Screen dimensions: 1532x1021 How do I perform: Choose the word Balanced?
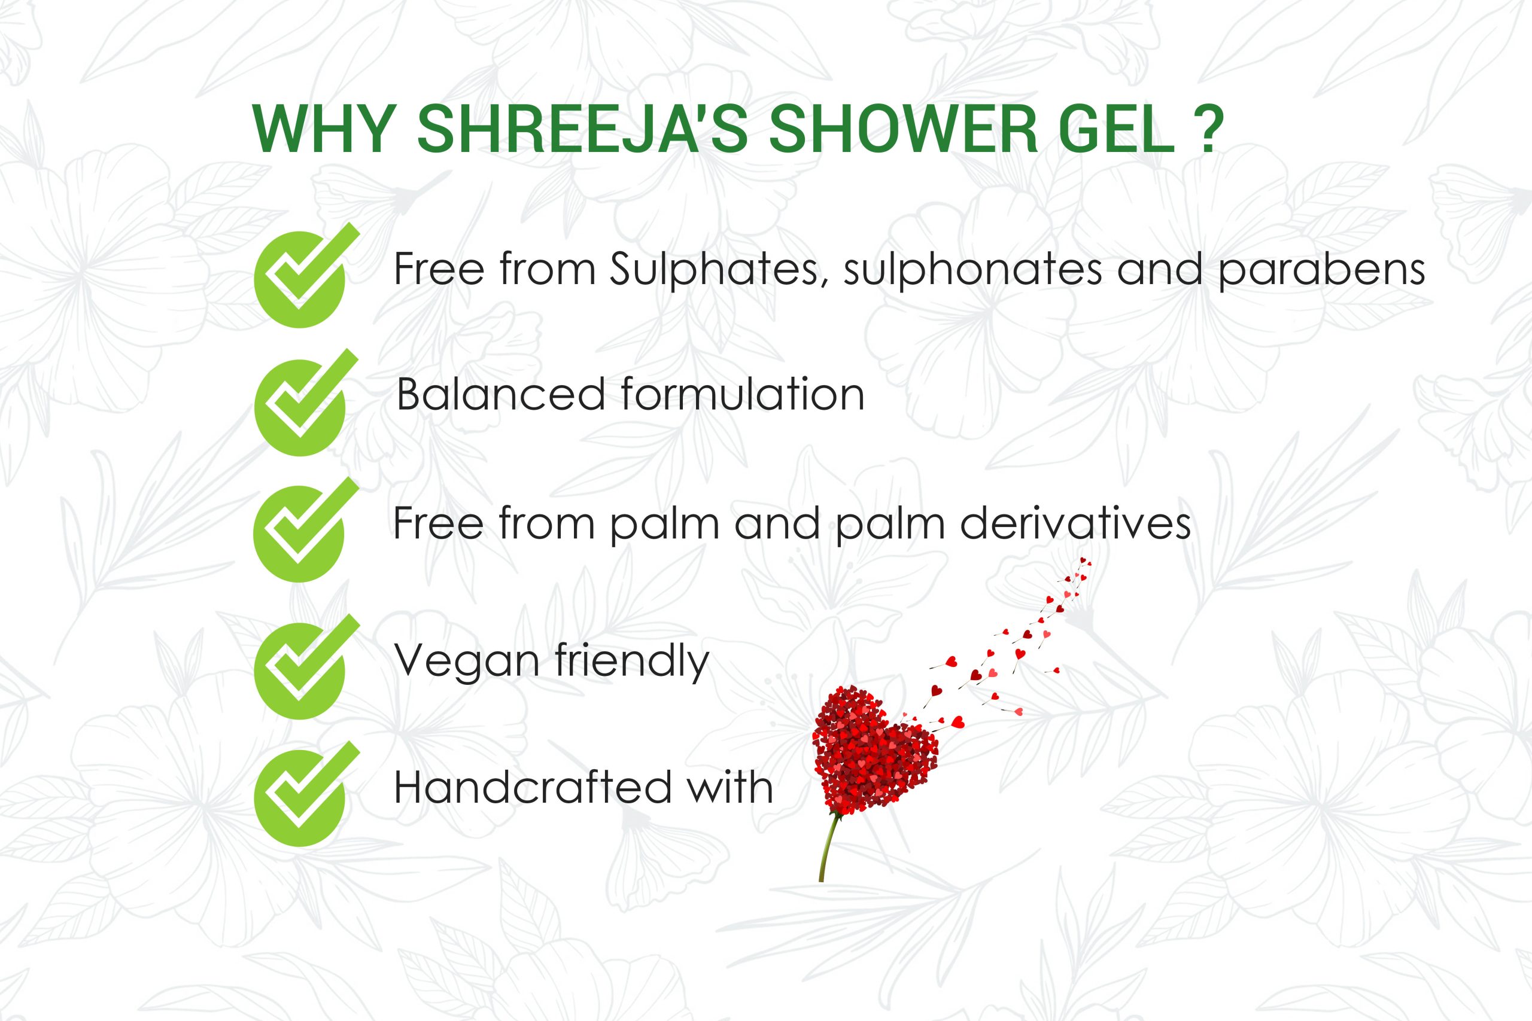pos(501,395)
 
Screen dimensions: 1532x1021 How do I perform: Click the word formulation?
pos(743,394)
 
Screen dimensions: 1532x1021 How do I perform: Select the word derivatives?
pos(1075,523)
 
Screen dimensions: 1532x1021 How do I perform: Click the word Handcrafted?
pos(533,787)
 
